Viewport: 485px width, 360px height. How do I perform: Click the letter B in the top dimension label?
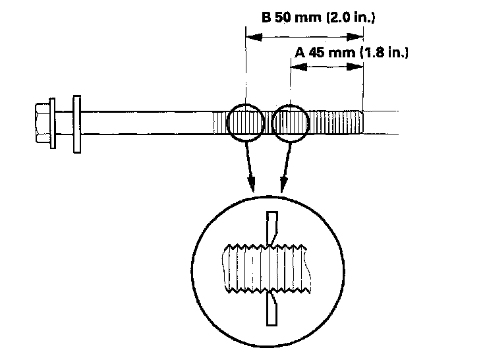pos(267,18)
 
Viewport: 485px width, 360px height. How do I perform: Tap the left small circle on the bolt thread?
pos(245,123)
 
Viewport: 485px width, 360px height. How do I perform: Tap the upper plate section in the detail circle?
pos(271,227)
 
